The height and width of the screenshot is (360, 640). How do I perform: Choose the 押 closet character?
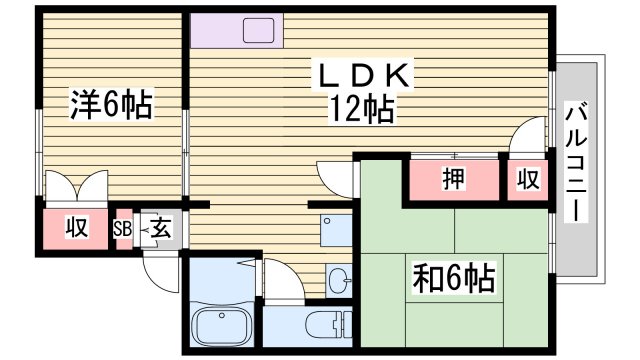point(453,181)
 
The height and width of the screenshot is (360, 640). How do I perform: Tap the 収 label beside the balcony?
point(527,181)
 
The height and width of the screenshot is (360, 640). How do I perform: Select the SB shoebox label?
point(123,229)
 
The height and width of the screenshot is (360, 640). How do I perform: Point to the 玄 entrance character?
point(160,229)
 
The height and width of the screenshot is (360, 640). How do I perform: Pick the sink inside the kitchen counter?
point(258,30)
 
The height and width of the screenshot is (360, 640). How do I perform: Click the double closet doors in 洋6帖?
point(75,187)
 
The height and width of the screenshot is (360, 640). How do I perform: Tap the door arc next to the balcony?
point(527,136)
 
